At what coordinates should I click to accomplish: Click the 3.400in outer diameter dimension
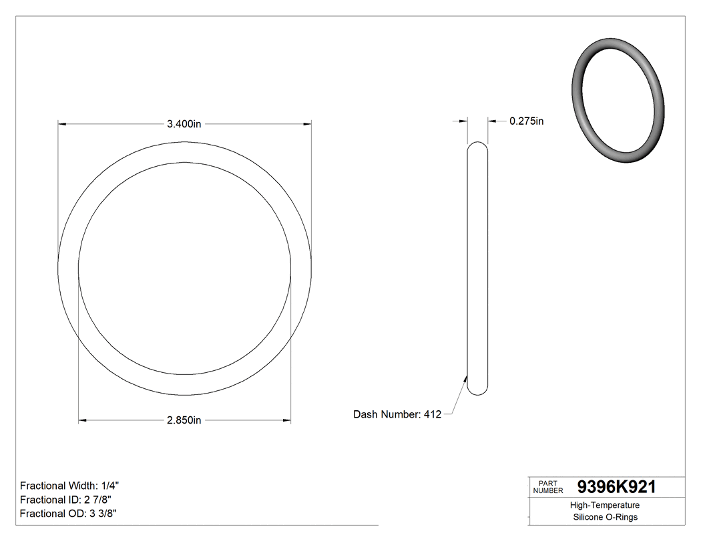pos(184,124)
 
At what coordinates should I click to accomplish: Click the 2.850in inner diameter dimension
pos(184,420)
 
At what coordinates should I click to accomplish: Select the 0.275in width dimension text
pos(526,121)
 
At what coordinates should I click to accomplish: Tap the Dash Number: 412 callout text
pos(397,414)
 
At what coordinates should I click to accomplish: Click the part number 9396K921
pos(616,487)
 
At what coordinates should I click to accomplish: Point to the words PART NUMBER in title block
pos(548,486)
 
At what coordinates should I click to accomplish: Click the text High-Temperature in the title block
pos(605,506)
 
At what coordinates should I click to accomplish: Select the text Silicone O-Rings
pos(605,517)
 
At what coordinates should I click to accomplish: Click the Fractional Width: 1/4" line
pos(69,486)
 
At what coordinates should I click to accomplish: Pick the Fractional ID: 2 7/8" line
pos(65,500)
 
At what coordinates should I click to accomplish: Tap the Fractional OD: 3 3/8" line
pos(69,513)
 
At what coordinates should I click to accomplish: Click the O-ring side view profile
pos(477,267)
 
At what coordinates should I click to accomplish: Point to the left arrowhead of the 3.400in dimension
pos(62,123)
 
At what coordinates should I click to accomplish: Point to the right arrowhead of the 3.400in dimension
pos(308,123)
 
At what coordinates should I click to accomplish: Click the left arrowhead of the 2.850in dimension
pos(83,420)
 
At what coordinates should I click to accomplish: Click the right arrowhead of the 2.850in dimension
pos(287,420)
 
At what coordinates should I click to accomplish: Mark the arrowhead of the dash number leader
pos(465,378)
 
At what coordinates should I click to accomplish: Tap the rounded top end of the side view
pos(477,147)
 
